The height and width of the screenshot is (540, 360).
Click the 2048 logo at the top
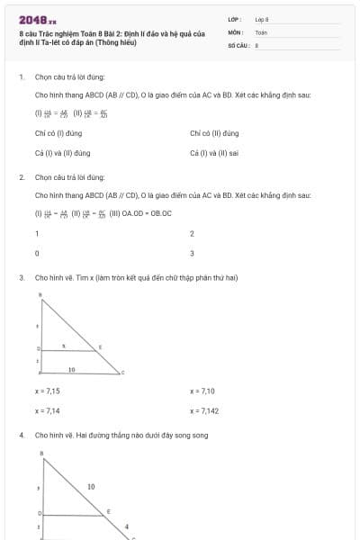[x=37, y=20]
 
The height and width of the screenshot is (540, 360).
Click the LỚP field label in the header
[x=235, y=19]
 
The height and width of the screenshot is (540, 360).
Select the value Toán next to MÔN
[x=261, y=31]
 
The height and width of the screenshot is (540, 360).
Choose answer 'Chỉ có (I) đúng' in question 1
[x=58, y=133]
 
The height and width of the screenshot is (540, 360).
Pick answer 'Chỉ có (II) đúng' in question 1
[x=214, y=133]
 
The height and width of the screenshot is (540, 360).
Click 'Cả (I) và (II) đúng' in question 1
[x=62, y=153]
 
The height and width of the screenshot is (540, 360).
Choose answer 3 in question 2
[x=192, y=254]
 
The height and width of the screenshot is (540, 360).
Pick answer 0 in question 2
[x=37, y=254]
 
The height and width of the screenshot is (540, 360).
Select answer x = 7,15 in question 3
[x=48, y=391]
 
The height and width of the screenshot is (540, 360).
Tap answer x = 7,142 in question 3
[x=205, y=410]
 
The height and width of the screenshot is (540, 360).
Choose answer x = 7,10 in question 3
[x=202, y=391]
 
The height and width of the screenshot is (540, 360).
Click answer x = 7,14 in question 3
[x=48, y=410]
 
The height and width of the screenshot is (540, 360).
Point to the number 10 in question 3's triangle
[x=72, y=369]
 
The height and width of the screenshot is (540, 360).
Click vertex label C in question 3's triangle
[x=122, y=373]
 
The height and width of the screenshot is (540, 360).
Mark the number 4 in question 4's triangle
[x=127, y=526]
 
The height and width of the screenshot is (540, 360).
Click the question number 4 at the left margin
[x=21, y=436]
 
